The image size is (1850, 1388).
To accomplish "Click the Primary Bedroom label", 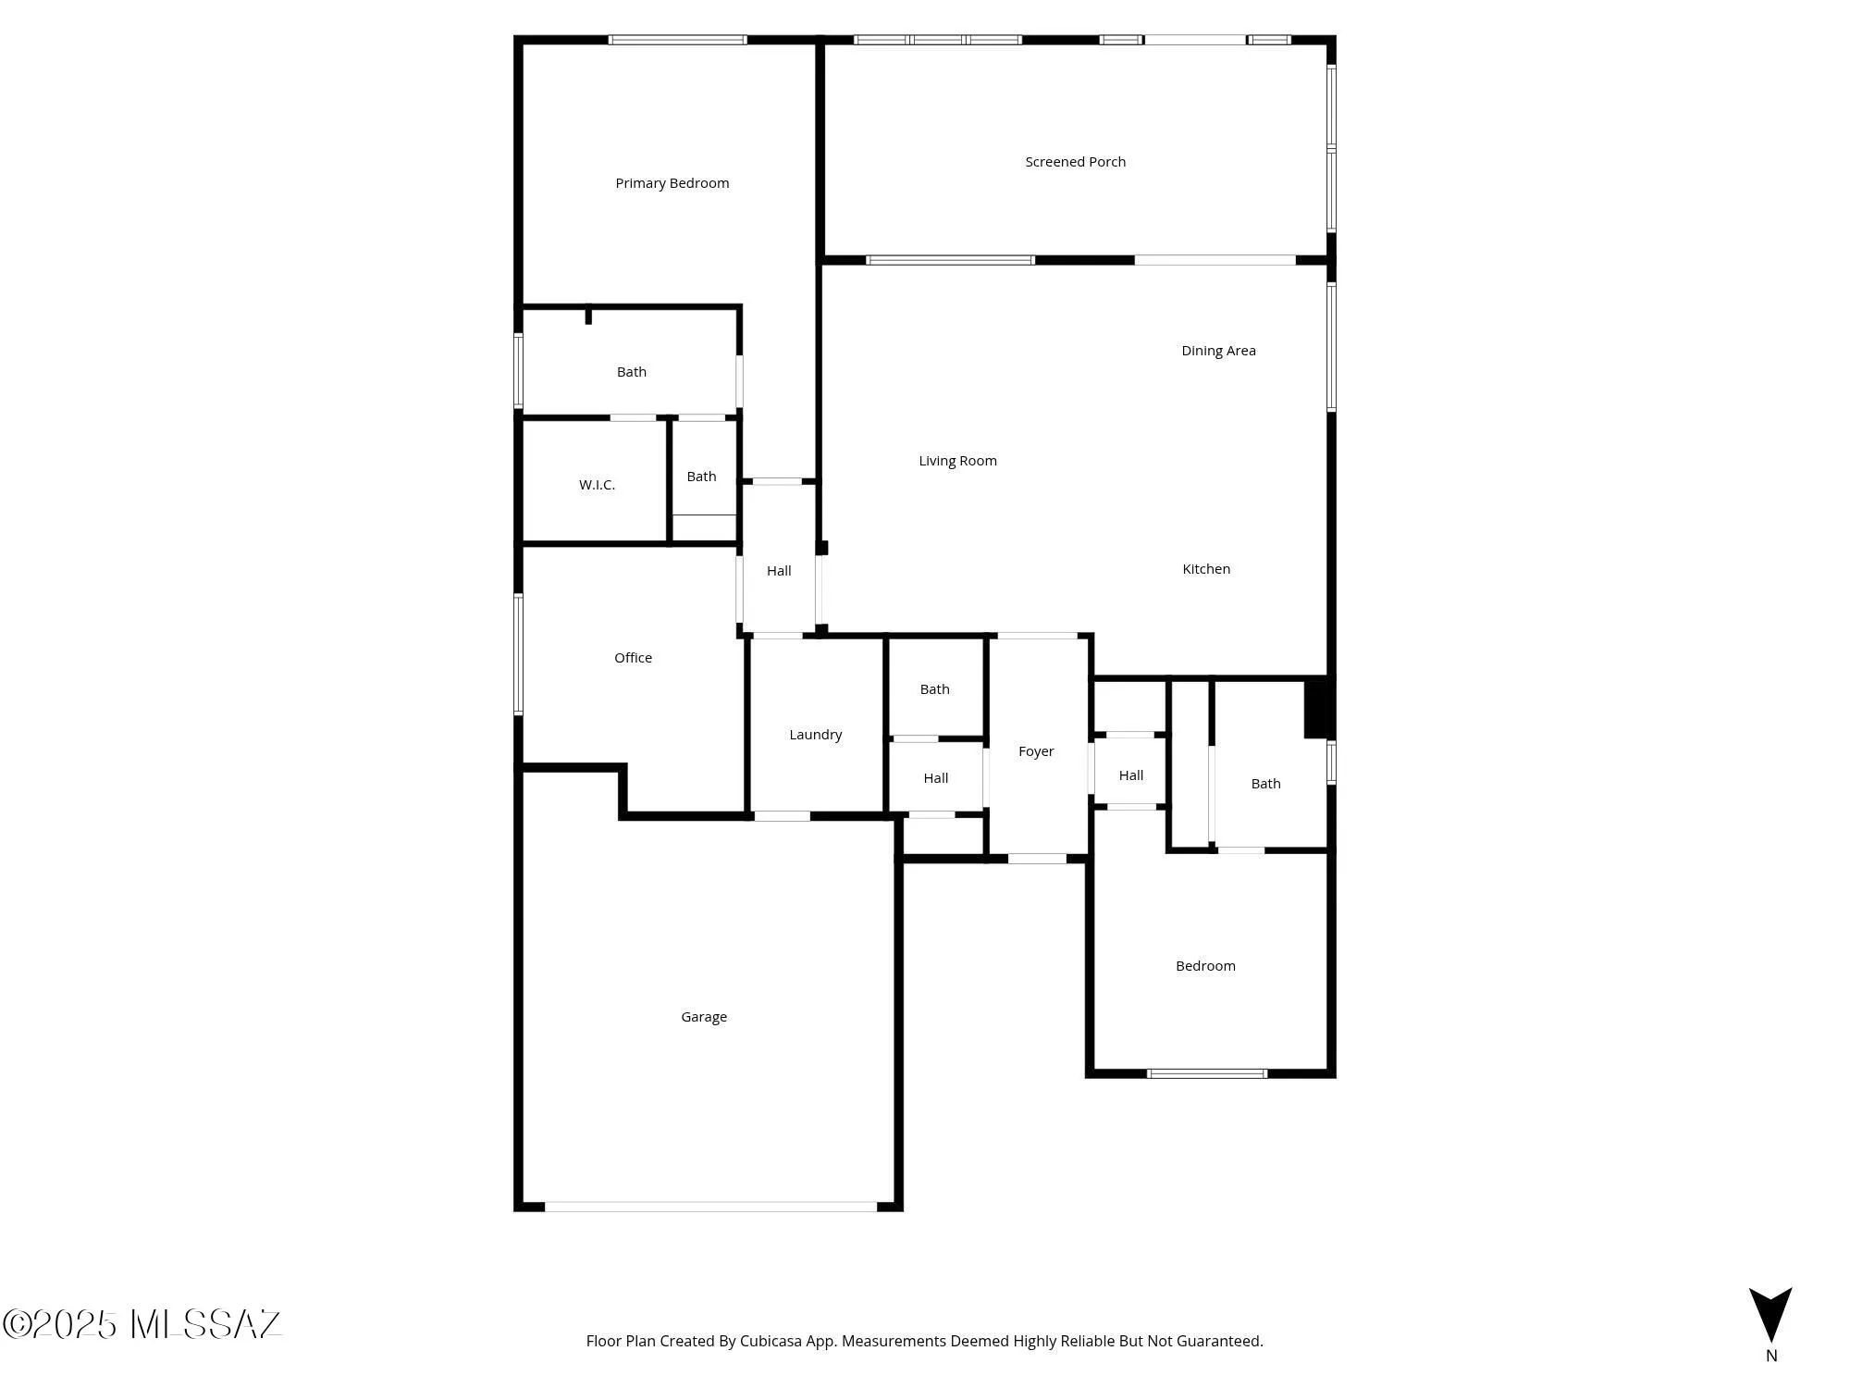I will (x=672, y=183).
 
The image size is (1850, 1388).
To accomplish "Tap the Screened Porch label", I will (x=1075, y=162).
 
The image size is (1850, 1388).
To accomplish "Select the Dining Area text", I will (x=1218, y=351).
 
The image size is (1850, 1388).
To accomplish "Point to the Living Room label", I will (x=957, y=461).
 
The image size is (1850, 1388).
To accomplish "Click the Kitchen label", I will (x=1206, y=569).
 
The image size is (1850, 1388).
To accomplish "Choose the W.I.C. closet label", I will (x=597, y=485).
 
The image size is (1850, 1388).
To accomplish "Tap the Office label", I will (x=633, y=658).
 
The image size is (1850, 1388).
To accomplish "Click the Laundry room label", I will (x=815, y=735).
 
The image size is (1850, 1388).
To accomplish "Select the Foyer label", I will (x=1036, y=751).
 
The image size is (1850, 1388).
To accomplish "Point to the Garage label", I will (x=704, y=1017).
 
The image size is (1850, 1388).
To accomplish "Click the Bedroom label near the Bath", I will (x=1205, y=966).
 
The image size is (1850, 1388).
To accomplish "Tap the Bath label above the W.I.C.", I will (x=632, y=372).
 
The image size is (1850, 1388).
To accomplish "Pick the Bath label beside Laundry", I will (x=934, y=689).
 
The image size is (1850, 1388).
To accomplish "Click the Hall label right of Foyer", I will (x=1130, y=775).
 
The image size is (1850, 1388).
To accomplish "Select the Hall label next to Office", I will (x=779, y=571).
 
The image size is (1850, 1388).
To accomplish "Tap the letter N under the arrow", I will (x=1771, y=1356).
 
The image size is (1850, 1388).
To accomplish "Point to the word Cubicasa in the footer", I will (x=770, y=1341).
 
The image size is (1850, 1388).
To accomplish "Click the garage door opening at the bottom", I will (x=710, y=1207).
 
